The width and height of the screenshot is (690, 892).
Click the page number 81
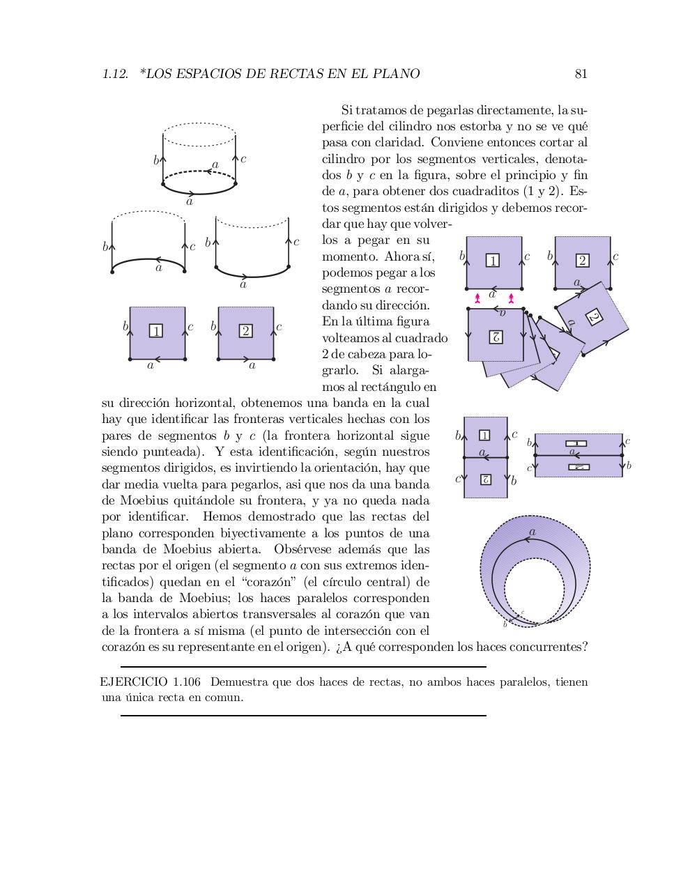pos(581,74)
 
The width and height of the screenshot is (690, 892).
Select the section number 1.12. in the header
pos(115,74)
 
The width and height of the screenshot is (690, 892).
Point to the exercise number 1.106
pos(187,682)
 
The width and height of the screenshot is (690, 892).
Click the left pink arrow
pos(477,298)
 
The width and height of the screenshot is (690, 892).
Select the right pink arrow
pos(512,298)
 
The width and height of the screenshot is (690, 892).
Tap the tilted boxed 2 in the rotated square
pos(594,316)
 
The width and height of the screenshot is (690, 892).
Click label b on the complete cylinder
pos(156,160)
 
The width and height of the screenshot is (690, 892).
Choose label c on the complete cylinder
pos(243,159)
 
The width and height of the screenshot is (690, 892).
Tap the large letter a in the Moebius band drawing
pos(532,532)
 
